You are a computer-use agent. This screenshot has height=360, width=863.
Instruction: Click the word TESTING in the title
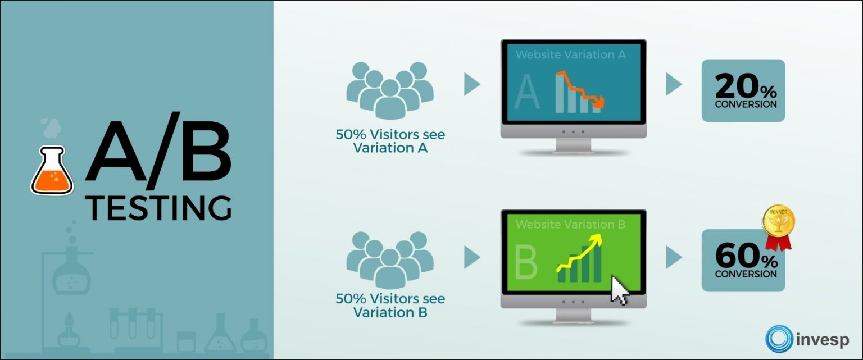158,208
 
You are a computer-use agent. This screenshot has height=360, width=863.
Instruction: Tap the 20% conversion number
746,86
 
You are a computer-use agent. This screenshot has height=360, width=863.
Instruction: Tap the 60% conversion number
746,256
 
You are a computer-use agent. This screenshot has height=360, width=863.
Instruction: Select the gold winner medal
778,227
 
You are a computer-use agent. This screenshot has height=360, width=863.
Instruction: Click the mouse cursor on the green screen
620,290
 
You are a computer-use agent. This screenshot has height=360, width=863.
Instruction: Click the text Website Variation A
571,54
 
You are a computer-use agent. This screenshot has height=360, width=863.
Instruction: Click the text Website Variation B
571,225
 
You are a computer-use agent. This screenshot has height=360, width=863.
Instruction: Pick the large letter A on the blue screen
527,92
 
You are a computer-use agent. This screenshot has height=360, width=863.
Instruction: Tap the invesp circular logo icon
779,339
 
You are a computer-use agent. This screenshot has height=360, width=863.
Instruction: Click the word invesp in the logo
822,340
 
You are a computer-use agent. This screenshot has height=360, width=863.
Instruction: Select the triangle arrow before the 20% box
674,84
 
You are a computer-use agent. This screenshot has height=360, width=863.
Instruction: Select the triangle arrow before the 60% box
674,257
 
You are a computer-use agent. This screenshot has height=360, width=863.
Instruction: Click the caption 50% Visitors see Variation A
390,141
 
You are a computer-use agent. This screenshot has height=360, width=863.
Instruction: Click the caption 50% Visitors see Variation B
390,306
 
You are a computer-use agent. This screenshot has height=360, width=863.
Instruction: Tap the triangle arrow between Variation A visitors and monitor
473,84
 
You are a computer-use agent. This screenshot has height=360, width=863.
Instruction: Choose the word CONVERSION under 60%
746,274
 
